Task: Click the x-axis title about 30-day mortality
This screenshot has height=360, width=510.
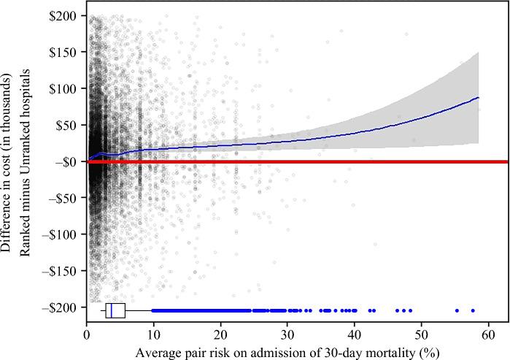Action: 297,351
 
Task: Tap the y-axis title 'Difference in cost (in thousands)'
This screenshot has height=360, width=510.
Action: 9,162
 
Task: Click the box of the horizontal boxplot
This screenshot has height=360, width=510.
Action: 115,310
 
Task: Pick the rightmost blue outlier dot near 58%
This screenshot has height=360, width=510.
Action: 472,310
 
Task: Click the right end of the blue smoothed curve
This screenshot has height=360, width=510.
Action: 478,97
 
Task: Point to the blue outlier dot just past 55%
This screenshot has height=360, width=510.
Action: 457,310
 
